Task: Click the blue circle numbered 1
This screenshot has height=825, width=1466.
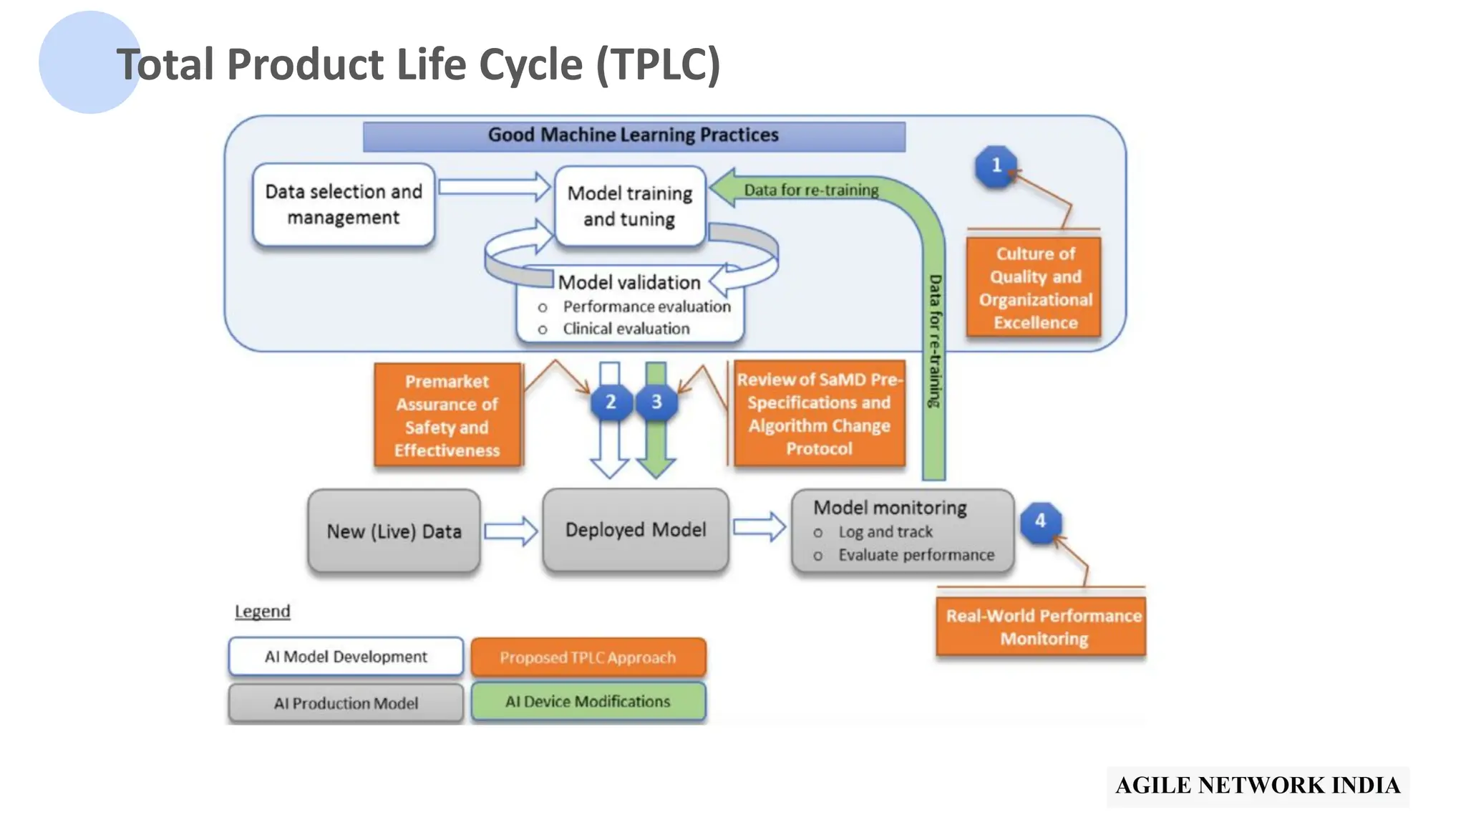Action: [x=996, y=166]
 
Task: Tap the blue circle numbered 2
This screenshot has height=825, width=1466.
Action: [x=611, y=402]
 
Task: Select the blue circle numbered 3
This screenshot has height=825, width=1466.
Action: [x=656, y=402]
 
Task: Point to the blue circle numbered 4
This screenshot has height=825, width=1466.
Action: [x=1040, y=521]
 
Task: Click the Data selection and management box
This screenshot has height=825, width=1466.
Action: [x=344, y=205]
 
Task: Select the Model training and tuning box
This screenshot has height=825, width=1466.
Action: [x=630, y=206]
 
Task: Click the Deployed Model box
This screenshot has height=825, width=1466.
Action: [x=636, y=530]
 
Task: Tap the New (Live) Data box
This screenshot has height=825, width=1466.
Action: [x=394, y=531]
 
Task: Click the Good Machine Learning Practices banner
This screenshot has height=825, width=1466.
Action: [x=634, y=135]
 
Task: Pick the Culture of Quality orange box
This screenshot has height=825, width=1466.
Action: [x=1034, y=288]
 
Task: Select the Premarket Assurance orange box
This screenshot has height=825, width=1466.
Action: [x=447, y=415]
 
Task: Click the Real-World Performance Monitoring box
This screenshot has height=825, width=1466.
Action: [x=1042, y=627]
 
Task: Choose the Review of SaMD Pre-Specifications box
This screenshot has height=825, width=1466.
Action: [x=819, y=414]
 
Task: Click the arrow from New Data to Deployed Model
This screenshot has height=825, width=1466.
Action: [x=510, y=531]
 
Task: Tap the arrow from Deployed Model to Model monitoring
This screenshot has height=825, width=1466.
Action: [x=759, y=527]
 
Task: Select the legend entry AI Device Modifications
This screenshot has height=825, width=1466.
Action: [x=588, y=702]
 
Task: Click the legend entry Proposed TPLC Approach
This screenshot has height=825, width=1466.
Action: [x=588, y=657]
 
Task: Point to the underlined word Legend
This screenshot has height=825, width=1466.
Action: [x=263, y=612]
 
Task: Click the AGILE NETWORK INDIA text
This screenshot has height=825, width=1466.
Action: [x=1257, y=786]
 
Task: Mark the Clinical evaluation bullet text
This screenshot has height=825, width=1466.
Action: [x=626, y=329]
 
